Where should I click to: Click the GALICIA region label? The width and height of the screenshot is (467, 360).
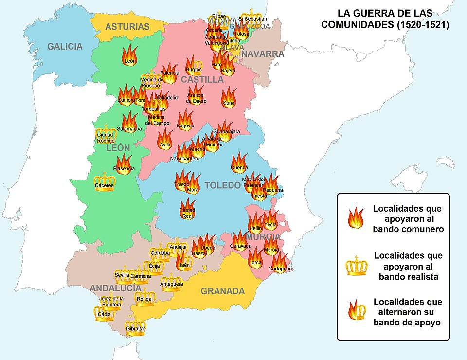tap(65, 47)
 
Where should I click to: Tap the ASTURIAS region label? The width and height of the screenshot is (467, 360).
tap(127, 27)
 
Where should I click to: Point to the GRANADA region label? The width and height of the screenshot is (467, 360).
tap(223, 291)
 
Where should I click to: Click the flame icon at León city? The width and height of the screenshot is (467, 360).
tap(130, 54)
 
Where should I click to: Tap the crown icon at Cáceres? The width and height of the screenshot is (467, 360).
tap(105, 181)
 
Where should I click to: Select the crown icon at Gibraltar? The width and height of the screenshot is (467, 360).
tap(135, 326)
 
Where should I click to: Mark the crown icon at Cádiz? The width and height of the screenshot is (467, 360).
tap(104, 313)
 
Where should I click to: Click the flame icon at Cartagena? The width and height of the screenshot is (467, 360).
tap(280, 263)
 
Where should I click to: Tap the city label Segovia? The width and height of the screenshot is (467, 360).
tap(185, 126)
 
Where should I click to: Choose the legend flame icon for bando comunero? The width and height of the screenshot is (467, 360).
tap(356, 216)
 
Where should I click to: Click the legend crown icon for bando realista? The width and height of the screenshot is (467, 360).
tap(356, 266)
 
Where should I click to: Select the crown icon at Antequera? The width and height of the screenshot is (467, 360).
tap(172, 282)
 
